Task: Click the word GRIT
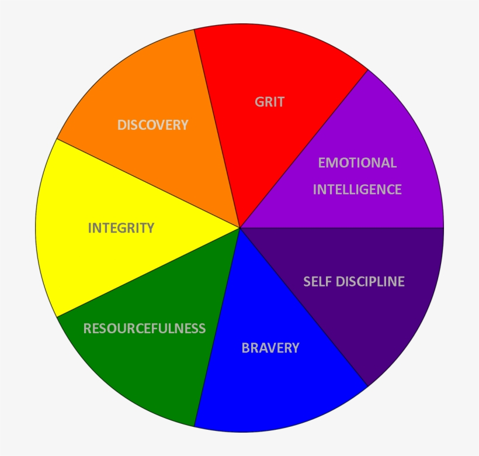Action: pyautogui.click(x=269, y=102)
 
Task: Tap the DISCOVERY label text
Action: pyautogui.click(x=153, y=125)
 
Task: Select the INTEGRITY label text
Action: pyautogui.click(x=121, y=228)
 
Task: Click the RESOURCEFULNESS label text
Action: pyautogui.click(x=144, y=329)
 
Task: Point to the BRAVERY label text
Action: pyautogui.click(x=270, y=348)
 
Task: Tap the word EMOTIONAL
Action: pyautogui.click(x=357, y=163)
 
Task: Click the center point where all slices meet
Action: pyautogui.click(x=239, y=227)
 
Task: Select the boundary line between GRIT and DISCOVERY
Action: pyautogui.click(x=217, y=129)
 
